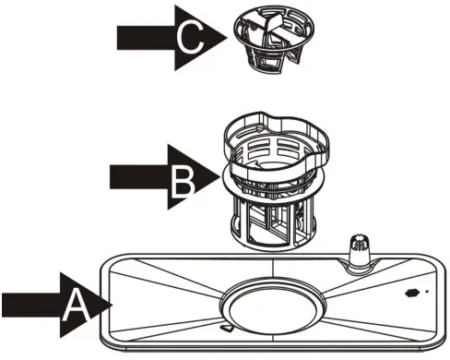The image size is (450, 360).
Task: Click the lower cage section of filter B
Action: click(x=270, y=222)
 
